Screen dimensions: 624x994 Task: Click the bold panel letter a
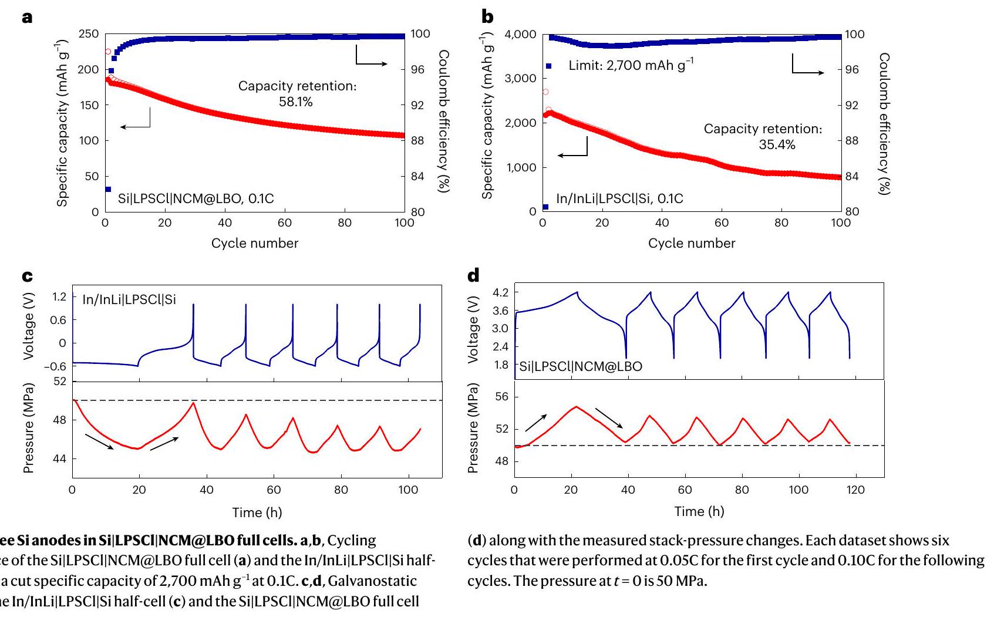pyautogui.click(x=27, y=18)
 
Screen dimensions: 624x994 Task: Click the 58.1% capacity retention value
pyautogui.click(x=296, y=102)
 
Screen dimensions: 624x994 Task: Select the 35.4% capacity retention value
pyautogui.click(x=777, y=145)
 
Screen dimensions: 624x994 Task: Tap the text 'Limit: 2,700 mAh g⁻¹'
pyautogui.click(x=631, y=65)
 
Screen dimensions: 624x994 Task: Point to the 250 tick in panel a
pyautogui.click(x=89, y=34)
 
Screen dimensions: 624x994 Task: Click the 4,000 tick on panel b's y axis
pyautogui.click(x=520, y=35)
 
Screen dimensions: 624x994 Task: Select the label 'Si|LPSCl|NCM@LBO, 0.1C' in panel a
pyautogui.click(x=196, y=198)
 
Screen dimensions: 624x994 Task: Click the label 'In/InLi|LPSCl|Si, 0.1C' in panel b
pyautogui.click(x=619, y=198)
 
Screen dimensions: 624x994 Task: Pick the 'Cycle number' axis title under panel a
pyautogui.click(x=255, y=243)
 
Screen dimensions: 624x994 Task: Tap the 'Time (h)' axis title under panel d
pyautogui.click(x=699, y=511)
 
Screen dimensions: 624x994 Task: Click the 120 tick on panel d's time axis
pyautogui.click(x=855, y=490)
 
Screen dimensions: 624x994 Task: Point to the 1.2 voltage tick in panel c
pyautogui.click(x=59, y=296)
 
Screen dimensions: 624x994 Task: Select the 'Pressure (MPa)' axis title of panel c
pyautogui.click(x=28, y=428)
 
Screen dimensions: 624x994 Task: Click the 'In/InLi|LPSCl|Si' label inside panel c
pyautogui.click(x=129, y=300)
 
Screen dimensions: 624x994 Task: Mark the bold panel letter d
pyautogui.click(x=473, y=275)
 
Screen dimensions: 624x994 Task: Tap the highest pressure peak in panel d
pyautogui.click(x=576, y=406)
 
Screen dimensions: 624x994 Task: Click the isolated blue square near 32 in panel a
pyautogui.click(x=108, y=189)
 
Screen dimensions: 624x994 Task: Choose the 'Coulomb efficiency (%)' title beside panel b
pyautogui.click(x=884, y=123)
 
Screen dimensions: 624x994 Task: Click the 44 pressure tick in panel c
pyautogui.click(x=60, y=458)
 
